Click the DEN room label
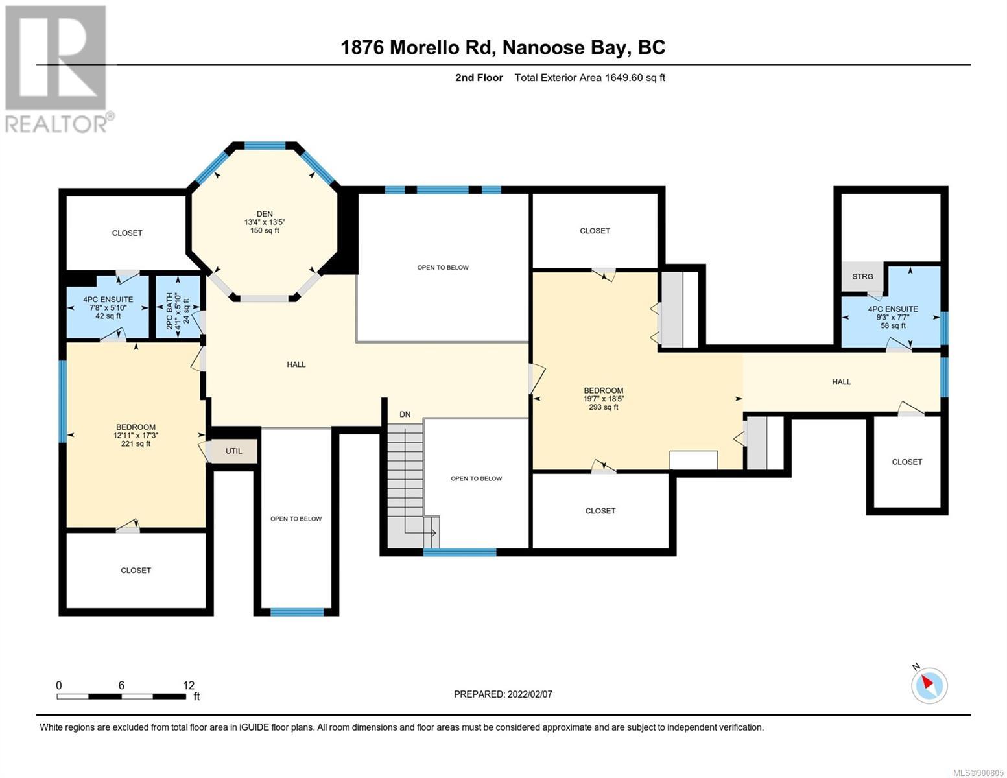tap(265, 213)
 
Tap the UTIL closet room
tap(233, 451)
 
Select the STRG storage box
tap(862, 277)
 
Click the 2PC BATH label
tap(170, 311)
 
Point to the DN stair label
tap(405, 414)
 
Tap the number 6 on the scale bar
tap(121, 685)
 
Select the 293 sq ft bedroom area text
tap(604, 407)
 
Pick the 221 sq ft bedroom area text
tap(136, 443)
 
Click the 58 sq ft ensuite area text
tap(893, 325)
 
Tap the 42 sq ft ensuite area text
tap(108, 316)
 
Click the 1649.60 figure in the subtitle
tap(623, 77)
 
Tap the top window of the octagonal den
tap(265, 145)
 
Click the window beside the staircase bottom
tap(460, 552)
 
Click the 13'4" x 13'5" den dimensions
tap(265, 222)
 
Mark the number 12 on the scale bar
tap(189, 685)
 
